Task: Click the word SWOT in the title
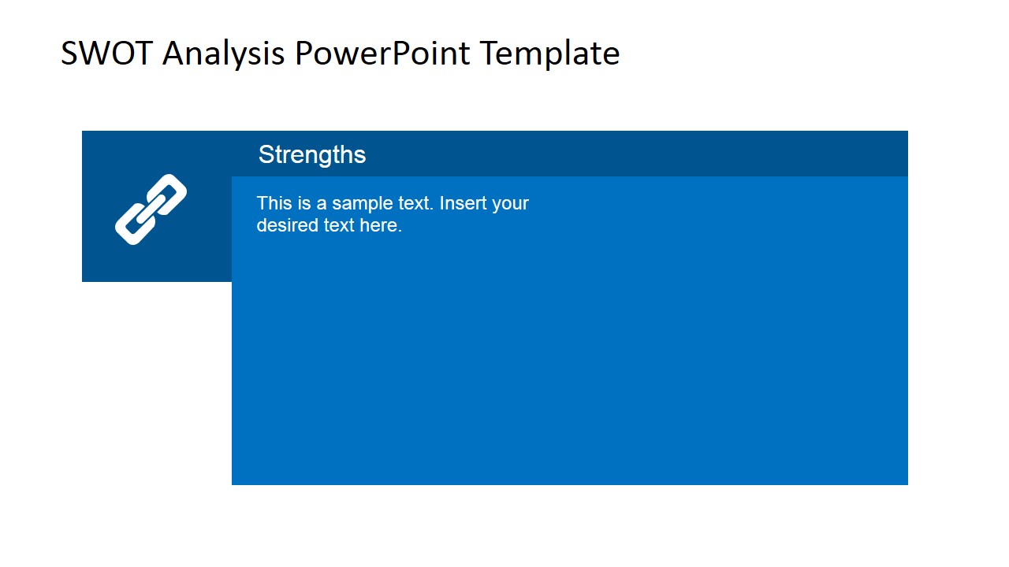tap(106, 54)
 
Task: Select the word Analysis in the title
tap(223, 54)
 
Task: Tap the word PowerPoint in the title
tap(382, 54)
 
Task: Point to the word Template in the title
tap(549, 54)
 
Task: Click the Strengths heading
tap(312, 154)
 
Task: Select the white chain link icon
tap(151, 209)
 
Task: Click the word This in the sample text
tap(274, 203)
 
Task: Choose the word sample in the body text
tap(359, 203)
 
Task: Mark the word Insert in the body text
tap(463, 203)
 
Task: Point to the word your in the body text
tap(510, 203)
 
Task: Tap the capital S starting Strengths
tap(266, 154)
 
